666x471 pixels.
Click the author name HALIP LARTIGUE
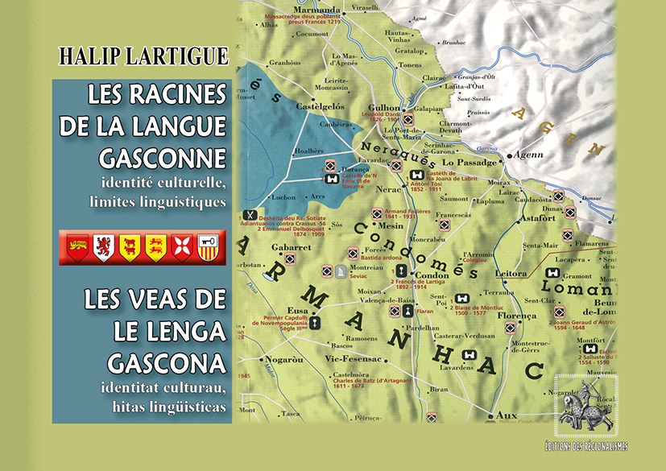[143, 56]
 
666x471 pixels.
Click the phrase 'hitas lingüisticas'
[168, 407]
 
